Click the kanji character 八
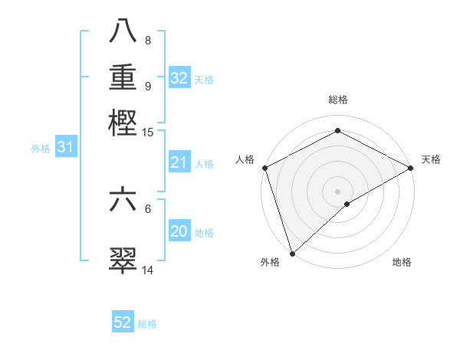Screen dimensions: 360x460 (x=123, y=33)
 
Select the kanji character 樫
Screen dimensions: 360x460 (x=123, y=123)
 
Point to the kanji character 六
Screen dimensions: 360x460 (x=123, y=201)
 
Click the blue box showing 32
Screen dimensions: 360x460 (x=179, y=78)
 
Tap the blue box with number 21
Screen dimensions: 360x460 (x=179, y=162)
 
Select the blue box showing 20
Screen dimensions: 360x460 (x=179, y=231)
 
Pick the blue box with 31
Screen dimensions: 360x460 (x=65, y=148)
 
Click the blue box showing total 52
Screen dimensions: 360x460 (x=123, y=322)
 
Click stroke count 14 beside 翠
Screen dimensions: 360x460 (x=147, y=270)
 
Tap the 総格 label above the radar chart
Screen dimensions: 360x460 (x=337, y=100)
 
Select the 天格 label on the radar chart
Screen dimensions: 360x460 (x=431, y=159)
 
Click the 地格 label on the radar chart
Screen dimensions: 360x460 (x=402, y=262)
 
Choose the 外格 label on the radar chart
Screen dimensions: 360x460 (x=270, y=262)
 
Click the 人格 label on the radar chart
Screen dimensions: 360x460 (x=245, y=159)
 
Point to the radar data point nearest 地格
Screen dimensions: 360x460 (x=347, y=204)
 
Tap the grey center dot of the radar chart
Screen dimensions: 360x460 (x=337, y=191)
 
